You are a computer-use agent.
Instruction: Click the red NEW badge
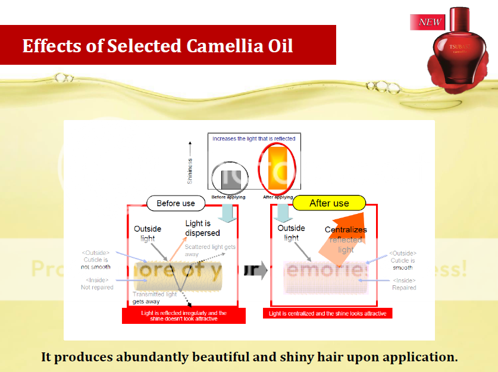pos(428,23)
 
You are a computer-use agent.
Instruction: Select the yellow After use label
pos(329,203)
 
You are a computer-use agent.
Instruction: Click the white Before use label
pos(176,203)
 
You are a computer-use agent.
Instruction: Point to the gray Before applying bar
pos(231,179)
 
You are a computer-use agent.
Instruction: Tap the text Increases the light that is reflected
pos(253,138)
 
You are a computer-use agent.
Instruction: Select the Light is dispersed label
pos(202,228)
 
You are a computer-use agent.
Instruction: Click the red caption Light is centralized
pos(327,313)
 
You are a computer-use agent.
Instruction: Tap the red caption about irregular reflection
pos(183,316)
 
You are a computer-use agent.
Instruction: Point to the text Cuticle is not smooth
pos(95,263)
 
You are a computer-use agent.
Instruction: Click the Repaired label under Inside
pos(404,288)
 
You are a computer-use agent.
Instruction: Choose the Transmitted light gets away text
pos(154,297)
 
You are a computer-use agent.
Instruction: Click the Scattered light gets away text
pos(210,250)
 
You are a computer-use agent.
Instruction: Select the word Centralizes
pos(346,230)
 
